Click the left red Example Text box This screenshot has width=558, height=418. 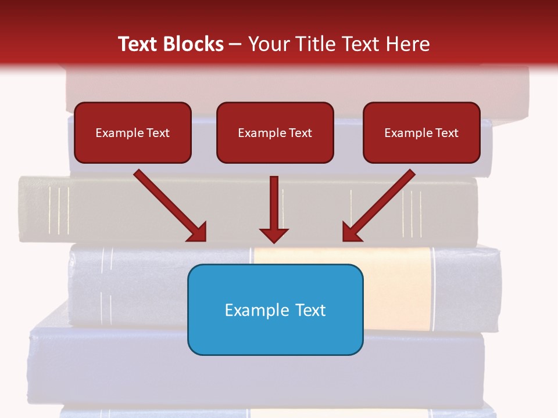click(x=133, y=133)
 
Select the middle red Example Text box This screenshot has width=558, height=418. click(x=275, y=133)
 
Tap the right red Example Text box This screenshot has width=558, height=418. click(x=421, y=133)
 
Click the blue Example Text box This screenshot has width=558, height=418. click(x=275, y=309)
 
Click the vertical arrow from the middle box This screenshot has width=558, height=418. click(x=274, y=206)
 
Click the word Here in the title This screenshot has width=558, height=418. click(x=409, y=44)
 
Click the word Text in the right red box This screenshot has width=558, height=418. click(x=446, y=133)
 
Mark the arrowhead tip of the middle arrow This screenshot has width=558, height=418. click(x=274, y=242)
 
